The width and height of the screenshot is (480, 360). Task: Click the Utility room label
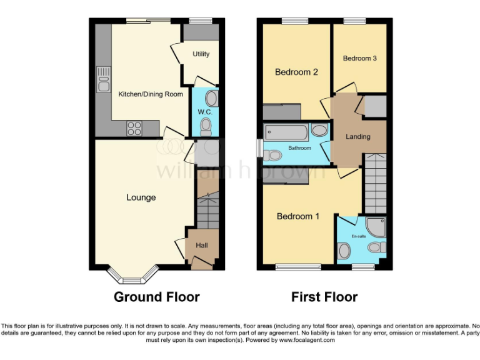[201, 54]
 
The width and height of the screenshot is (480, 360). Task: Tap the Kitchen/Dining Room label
[151, 94]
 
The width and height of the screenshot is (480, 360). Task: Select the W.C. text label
[205, 112]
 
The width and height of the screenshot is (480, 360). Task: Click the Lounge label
[141, 197]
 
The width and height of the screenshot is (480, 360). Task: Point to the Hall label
[202, 246]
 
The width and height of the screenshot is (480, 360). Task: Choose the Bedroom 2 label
[296, 72]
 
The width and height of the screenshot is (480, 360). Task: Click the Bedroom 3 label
[359, 58]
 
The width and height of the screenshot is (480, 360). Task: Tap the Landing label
[358, 136]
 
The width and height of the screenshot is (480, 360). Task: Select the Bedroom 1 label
[298, 216]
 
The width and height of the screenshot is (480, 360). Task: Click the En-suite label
[358, 236]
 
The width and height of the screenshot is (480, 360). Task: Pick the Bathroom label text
[299, 148]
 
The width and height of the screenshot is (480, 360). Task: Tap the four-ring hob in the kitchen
[134, 127]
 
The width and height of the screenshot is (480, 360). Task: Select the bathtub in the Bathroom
[286, 132]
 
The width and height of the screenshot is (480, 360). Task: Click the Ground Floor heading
[156, 297]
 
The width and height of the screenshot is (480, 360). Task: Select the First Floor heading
[324, 297]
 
